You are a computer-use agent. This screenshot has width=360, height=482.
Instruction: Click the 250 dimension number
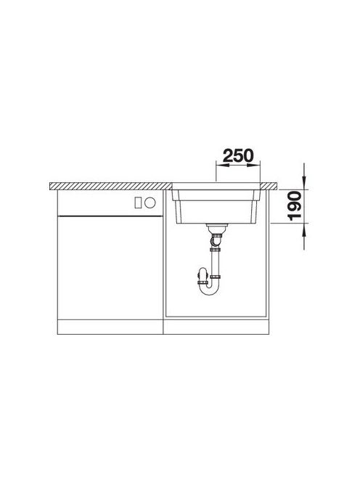pos(238,156)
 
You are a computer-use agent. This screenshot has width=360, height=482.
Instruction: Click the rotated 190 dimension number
pos(295,206)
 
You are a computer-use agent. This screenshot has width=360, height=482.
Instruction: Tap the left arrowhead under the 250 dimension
pos(223,166)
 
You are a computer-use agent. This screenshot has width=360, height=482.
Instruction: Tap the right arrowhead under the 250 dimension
pos(253,166)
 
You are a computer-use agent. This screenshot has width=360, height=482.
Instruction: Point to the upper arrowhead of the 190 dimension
pos(304,181)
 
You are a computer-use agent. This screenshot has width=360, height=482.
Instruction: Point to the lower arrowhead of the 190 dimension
pos(304,230)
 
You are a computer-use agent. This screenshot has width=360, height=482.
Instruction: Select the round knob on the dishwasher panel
pos(150,203)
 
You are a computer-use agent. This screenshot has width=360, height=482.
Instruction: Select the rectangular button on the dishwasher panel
pos(138,203)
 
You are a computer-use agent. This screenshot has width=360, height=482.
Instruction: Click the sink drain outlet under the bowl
pos(217,229)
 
